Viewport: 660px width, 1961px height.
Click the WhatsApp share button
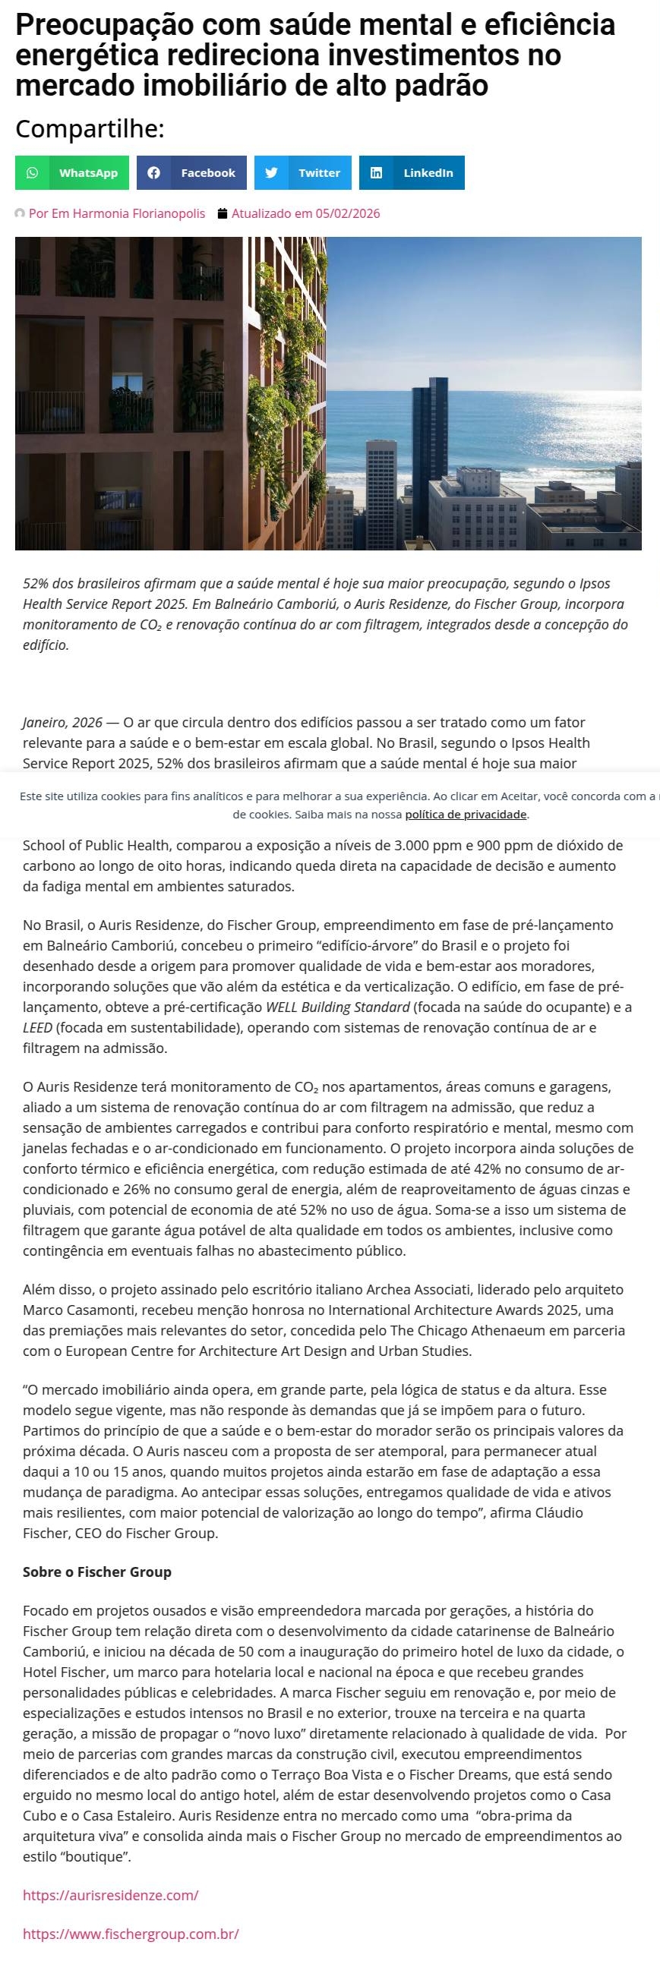[x=72, y=173]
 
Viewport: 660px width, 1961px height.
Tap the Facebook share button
[x=192, y=173]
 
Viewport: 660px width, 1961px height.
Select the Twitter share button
[x=303, y=173]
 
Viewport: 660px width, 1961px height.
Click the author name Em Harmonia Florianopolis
[x=116, y=214]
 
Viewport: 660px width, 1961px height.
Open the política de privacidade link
[x=466, y=815]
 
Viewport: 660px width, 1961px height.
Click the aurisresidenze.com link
[x=110, y=1895]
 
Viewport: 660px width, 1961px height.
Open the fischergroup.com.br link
[x=131, y=1933]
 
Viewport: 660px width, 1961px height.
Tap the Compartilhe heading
[x=90, y=128]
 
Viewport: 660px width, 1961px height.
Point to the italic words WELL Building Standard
[x=337, y=1007]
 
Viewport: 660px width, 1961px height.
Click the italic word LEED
[x=37, y=1028]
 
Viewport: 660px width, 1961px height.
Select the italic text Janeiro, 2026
[x=62, y=723]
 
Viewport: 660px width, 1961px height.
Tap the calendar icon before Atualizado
[x=223, y=214]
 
